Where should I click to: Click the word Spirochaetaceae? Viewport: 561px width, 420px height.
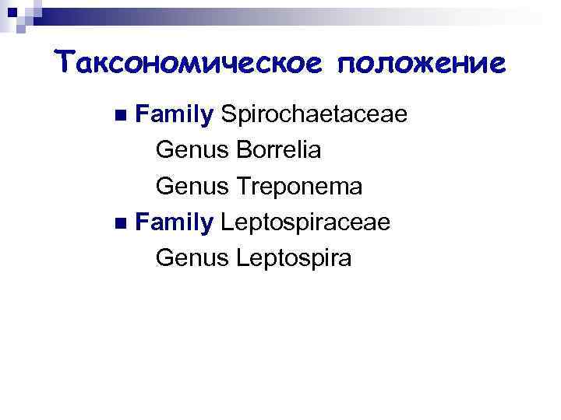[314, 115]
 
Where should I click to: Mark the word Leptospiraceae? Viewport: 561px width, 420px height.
[305, 223]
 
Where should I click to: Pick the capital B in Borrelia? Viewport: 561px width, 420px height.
[239, 151]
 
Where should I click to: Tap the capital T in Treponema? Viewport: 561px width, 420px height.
[238, 187]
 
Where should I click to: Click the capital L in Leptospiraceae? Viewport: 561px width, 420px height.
[227, 222]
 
